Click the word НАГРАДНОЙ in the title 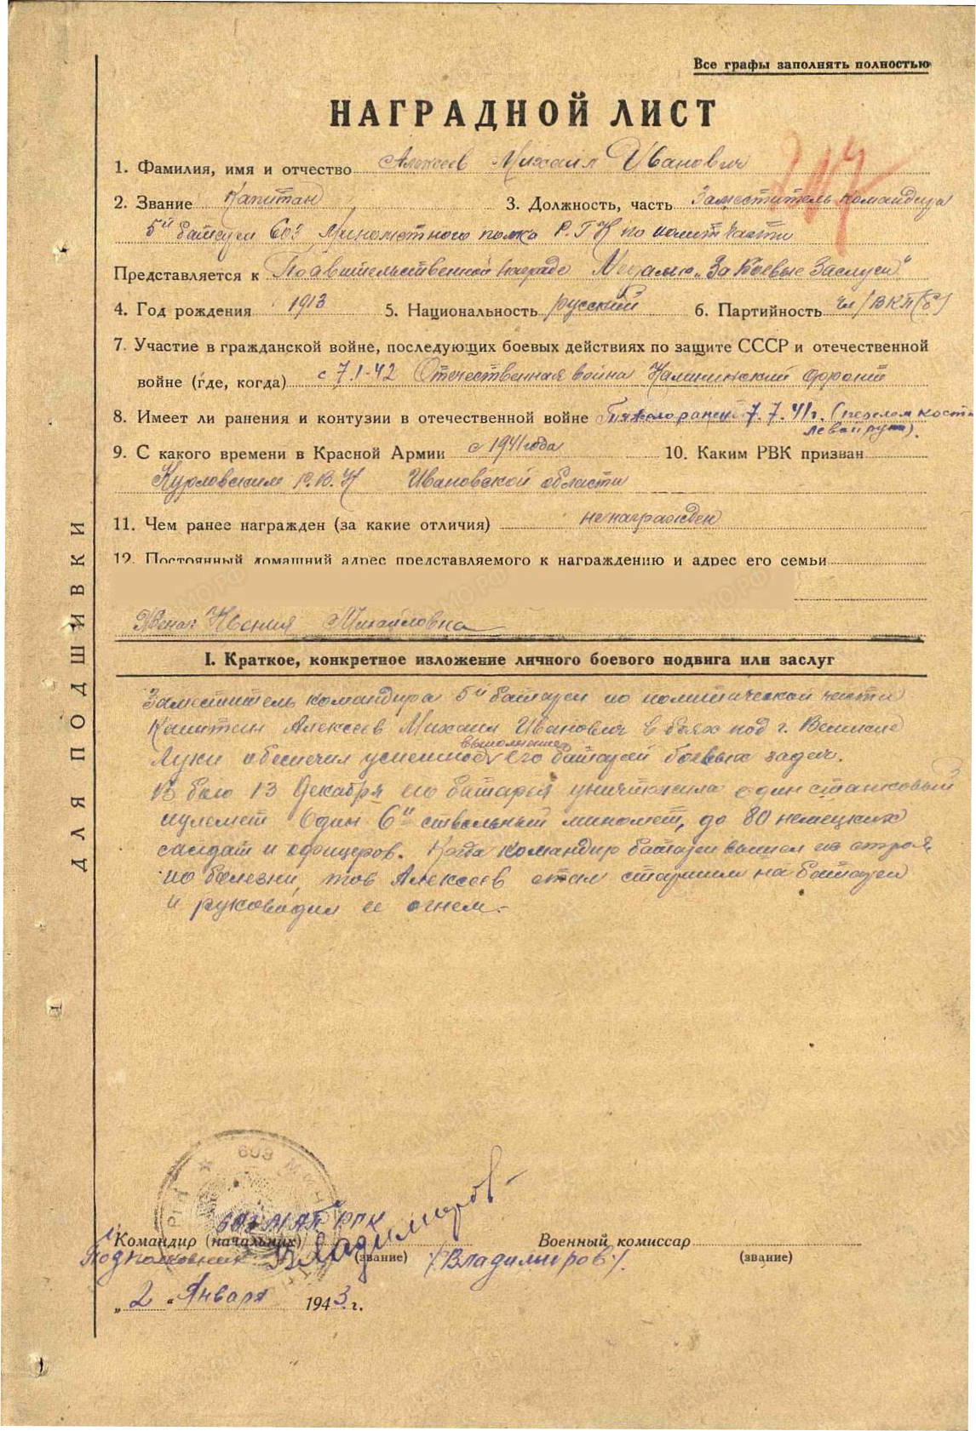[x=442, y=113]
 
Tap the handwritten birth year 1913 [x=301, y=305]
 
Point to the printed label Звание [x=164, y=203]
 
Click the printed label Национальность [x=472, y=311]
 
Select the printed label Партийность [x=769, y=311]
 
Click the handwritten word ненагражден [x=649, y=518]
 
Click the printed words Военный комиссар [x=613, y=1241]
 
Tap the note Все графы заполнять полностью [x=811, y=65]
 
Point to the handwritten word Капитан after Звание [x=285, y=199]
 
